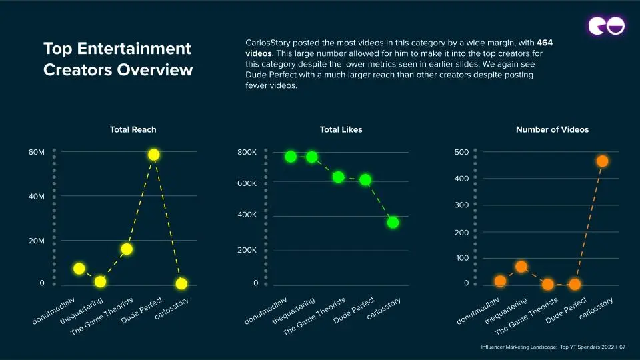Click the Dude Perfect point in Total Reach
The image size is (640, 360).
[154, 155]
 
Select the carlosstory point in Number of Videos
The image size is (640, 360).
[602, 161]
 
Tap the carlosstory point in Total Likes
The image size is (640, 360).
[393, 223]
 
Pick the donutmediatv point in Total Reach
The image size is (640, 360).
[79, 269]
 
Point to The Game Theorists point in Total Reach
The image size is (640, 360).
[127, 249]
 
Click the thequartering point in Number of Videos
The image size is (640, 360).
[521, 267]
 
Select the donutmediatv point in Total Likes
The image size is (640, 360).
[291, 157]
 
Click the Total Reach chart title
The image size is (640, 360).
[133, 129]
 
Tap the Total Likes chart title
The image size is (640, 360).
[341, 129]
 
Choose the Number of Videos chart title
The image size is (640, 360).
[552, 129]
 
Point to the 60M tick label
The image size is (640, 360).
[36, 153]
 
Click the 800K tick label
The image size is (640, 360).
[247, 153]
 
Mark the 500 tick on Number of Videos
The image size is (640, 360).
[461, 152]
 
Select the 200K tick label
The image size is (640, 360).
[247, 250]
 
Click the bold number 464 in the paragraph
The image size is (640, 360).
[545, 43]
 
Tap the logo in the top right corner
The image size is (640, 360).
[606, 25]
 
